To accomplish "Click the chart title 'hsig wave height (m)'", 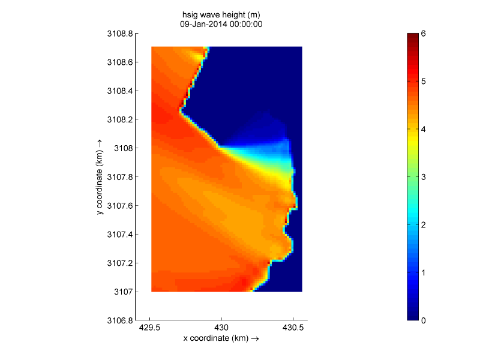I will [x=221, y=15].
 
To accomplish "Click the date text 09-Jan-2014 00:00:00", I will [x=221, y=25].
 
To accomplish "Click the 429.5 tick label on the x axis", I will [x=149, y=329].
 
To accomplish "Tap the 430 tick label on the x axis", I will [x=221, y=329].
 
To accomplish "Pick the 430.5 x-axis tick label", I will [x=293, y=329].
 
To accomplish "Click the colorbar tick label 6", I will [x=424, y=34].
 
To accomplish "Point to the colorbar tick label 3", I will [x=424, y=177].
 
